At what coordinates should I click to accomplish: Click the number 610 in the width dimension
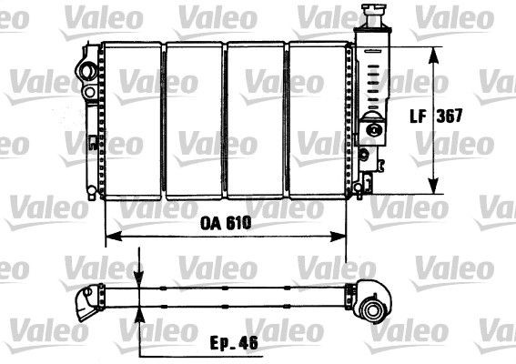(x=236, y=222)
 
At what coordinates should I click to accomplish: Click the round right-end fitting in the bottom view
(x=373, y=309)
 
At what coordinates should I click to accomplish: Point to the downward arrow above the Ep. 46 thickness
(x=137, y=278)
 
